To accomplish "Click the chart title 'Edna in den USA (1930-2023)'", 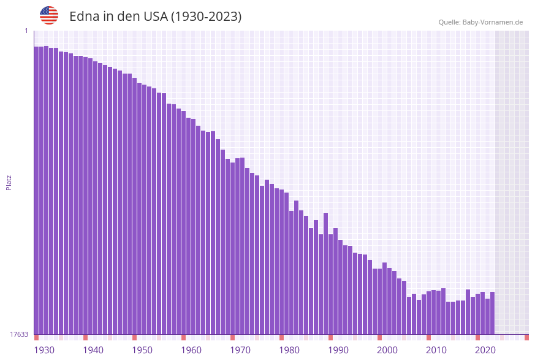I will click(x=155, y=17).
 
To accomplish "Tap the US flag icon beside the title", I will click(x=49, y=15).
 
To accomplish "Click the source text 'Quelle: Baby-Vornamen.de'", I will click(x=480, y=22).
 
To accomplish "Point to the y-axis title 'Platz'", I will click(x=9, y=182).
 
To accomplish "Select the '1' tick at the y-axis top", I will click(x=26, y=31).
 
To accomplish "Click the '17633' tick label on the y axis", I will click(x=19, y=334).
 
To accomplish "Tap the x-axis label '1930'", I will click(x=44, y=350).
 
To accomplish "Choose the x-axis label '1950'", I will click(x=142, y=350).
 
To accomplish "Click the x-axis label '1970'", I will click(x=240, y=350).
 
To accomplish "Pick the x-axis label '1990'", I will click(x=338, y=350).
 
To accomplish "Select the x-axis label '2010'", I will click(x=436, y=350).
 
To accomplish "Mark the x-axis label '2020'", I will click(x=485, y=350).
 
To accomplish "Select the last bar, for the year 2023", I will click(x=492, y=313).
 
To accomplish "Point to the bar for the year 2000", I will click(x=379, y=301).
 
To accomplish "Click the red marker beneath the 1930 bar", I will click(x=36, y=337).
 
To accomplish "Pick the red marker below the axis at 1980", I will click(x=281, y=337).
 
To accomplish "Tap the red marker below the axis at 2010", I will click(x=428, y=337).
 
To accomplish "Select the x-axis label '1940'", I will click(x=93, y=350).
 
